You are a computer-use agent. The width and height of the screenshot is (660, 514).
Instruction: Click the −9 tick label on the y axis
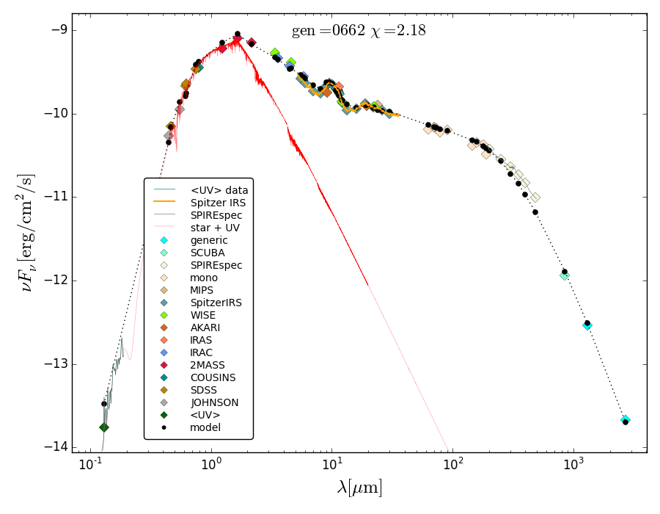tap(57, 30)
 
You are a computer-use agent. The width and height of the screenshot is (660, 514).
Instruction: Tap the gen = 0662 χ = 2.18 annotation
tap(359, 31)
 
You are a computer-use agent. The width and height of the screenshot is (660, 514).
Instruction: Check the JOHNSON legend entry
tap(214, 402)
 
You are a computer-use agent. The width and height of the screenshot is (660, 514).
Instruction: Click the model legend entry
tap(205, 427)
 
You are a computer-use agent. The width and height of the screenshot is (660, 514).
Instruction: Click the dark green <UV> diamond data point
tap(104, 427)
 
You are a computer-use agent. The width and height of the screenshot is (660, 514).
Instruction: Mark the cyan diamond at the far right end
tap(626, 420)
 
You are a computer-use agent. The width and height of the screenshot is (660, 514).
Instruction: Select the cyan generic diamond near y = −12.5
tap(587, 325)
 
